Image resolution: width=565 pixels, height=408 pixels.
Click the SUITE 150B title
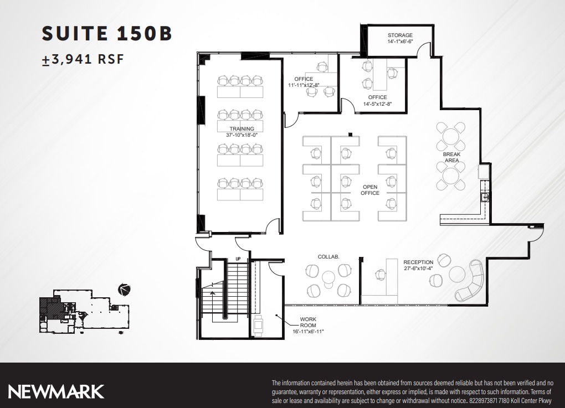(x=107, y=34)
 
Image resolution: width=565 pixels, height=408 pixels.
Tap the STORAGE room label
(x=400, y=35)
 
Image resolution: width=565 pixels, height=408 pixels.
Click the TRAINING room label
(x=242, y=129)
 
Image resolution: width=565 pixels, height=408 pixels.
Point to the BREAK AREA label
(x=451, y=157)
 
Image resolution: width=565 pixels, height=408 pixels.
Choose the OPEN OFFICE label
(x=370, y=190)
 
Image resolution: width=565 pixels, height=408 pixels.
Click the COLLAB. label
(x=328, y=257)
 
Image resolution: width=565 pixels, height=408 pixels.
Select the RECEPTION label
(x=418, y=262)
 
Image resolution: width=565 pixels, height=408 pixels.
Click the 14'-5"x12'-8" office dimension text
(x=377, y=104)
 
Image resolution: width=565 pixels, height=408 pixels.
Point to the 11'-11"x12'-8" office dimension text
(x=304, y=85)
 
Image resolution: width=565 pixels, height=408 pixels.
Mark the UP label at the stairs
(x=238, y=259)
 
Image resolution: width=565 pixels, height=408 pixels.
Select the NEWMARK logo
(x=56, y=391)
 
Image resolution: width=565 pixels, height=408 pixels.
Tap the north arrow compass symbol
(x=125, y=288)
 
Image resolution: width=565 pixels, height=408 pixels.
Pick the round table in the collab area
(x=328, y=277)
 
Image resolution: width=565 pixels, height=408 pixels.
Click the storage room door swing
(x=424, y=51)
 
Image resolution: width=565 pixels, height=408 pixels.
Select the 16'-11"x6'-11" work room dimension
(x=308, y=331)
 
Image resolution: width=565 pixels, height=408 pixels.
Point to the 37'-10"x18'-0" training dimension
(x=242, y=135)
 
